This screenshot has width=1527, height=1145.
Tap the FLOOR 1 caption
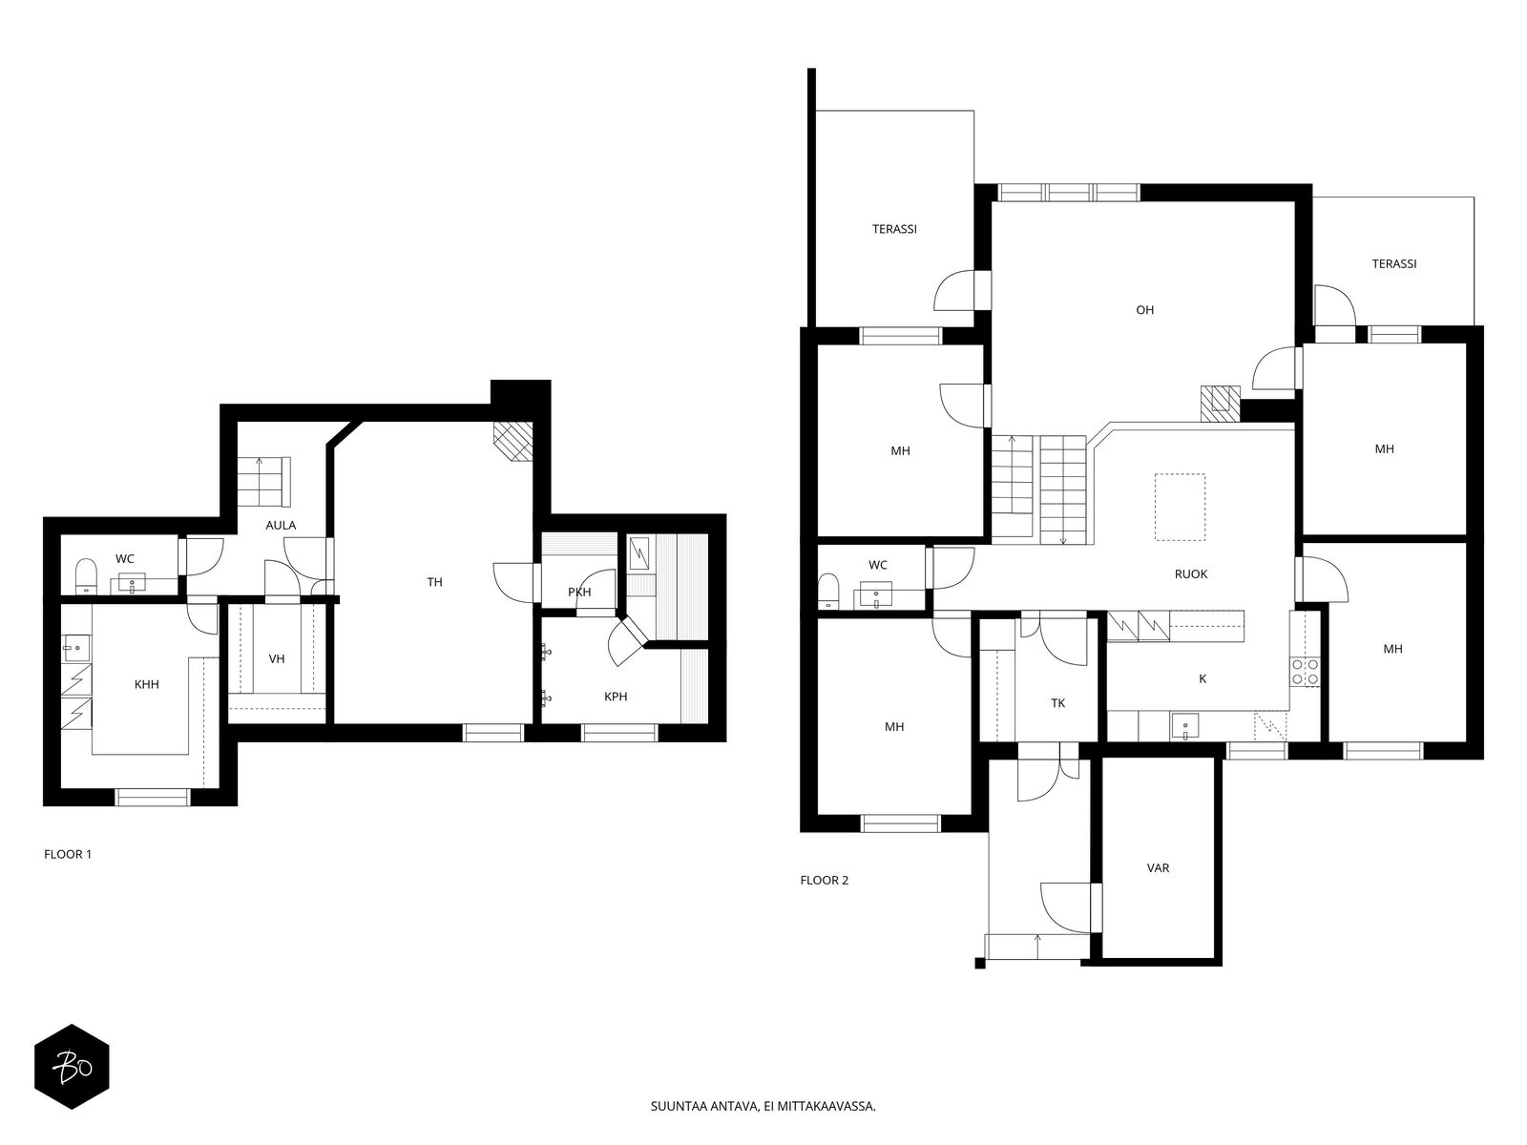pyautogui.click(x=68, y=854)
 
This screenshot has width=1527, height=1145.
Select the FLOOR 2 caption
pyautogui.click(x=825, y=880)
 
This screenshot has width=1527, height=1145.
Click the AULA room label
pyautogui.click(x=281, y=525)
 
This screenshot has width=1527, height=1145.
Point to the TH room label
pyautogui.click(x=435, y=582)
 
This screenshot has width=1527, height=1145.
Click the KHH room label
pyautogui.click(x=147, y=684)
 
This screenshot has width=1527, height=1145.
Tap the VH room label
pyautogui.click(x=277, y=658)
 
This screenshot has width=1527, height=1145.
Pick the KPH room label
pyautogui.click(x=616, y=696)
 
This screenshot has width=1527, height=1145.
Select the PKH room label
pyautogui.click(x=579, y=592)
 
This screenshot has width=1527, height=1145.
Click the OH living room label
pyautogui.click(x=1144, y=310)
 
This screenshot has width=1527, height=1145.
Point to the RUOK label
pyautogui.click(x=1191, y=573)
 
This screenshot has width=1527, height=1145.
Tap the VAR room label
pyautogui.click(x=1159, y=867)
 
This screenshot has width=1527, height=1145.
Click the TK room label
pyautogui.click(x=1058, y=703)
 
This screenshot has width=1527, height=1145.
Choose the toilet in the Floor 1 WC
pyautogui.click(x=86, y=575)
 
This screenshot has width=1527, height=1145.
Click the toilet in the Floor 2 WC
pyautogui.click(x=828, y=591)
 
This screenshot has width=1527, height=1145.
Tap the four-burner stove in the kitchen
pyautogui.click(x=1305, y=671)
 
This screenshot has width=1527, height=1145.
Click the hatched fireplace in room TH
pyautogui.click(x=513, y=441)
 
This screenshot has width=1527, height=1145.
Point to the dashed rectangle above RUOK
pyautogui.click(x=1180, y=507)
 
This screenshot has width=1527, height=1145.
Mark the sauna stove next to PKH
pyautogui.click(x=639, y=553)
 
